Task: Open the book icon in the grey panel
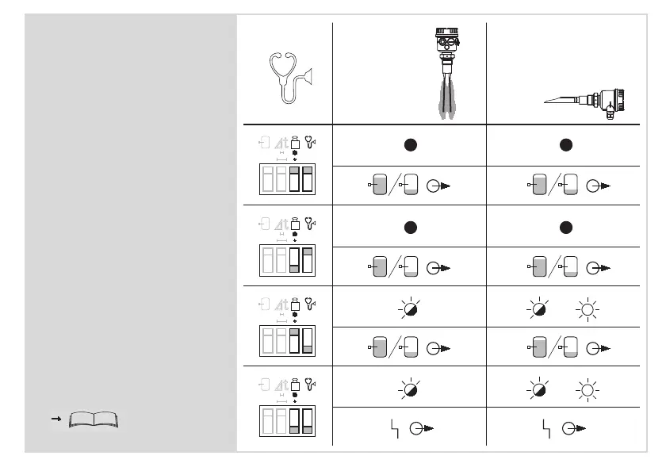coord(94,419)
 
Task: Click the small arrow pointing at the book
coord(56,418)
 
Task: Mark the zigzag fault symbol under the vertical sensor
coord(394,428)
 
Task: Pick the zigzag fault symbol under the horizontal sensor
coord(545,428)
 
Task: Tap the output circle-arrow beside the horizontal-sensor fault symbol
coord(571,429)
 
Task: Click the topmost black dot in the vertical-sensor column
coord(410,145)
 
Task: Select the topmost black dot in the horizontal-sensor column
coord(564,145)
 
